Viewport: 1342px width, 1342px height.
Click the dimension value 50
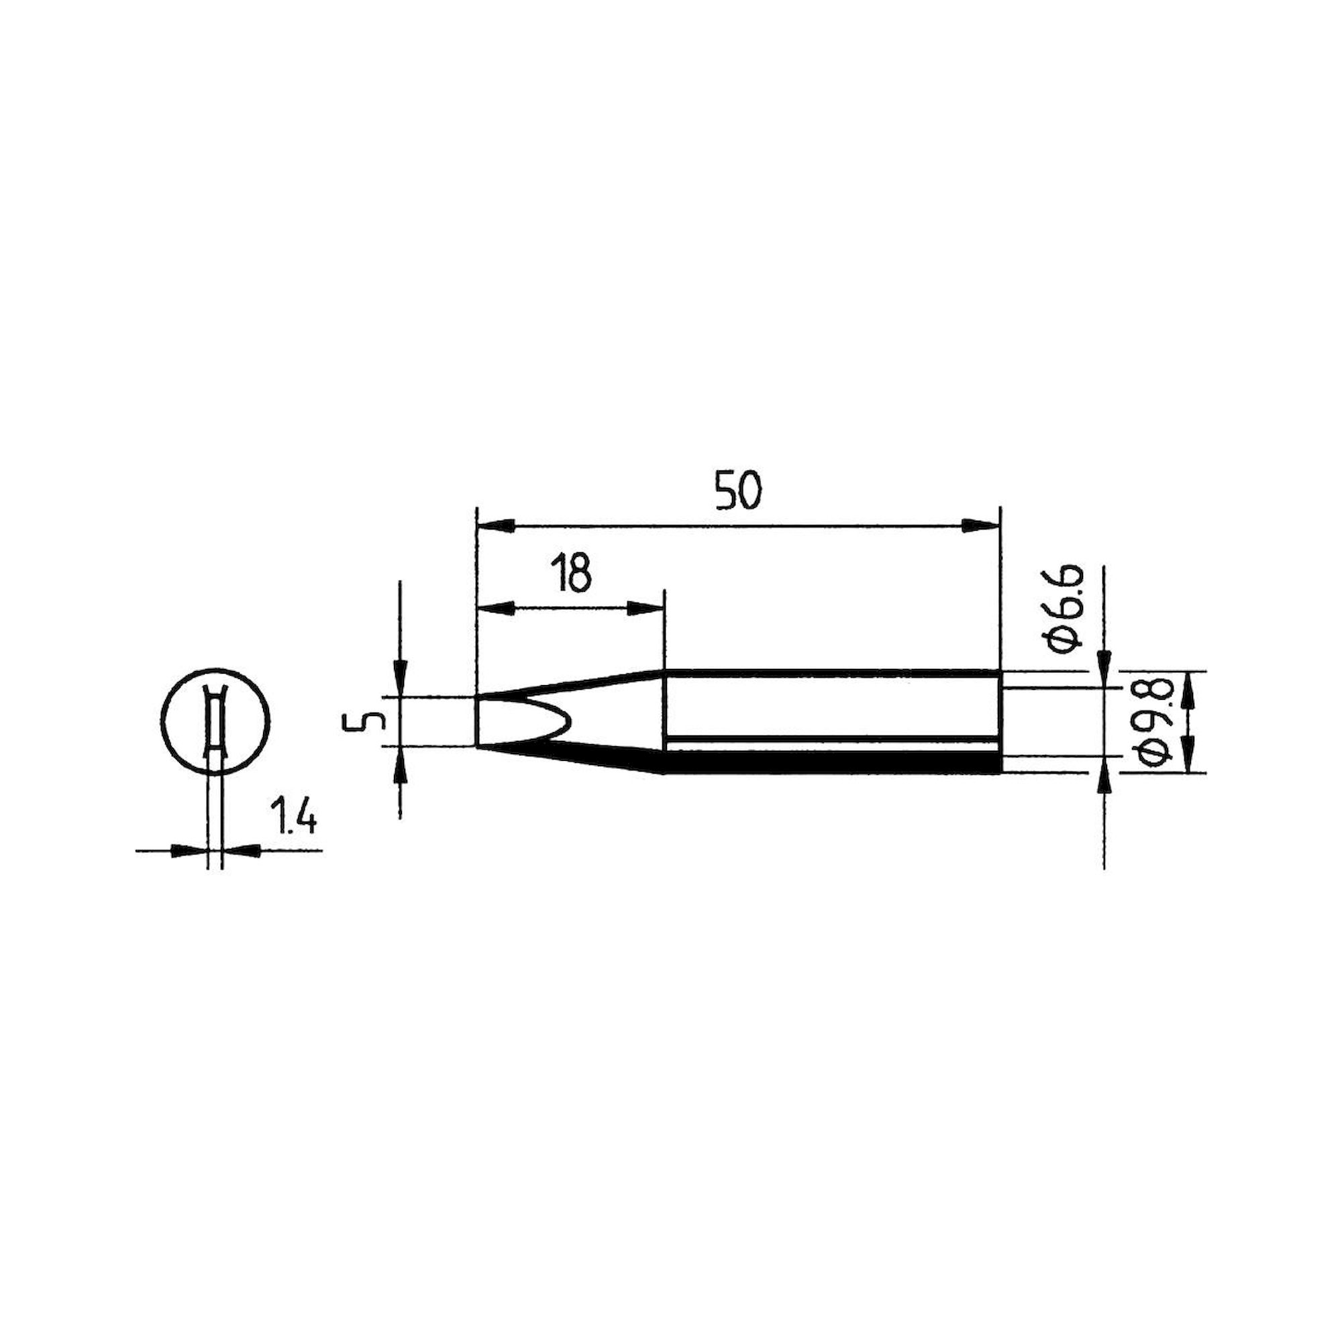739,492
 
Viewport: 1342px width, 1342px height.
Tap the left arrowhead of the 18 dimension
496,609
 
